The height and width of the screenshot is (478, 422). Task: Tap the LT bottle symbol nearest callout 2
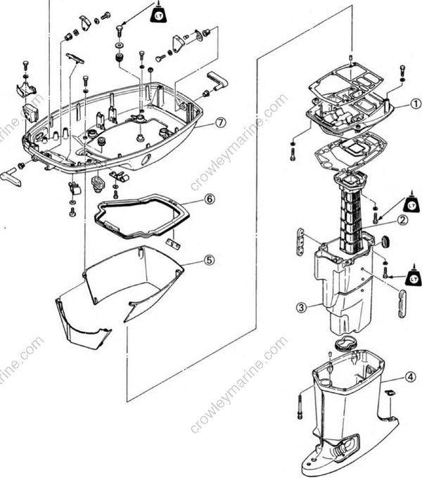coord(412,203)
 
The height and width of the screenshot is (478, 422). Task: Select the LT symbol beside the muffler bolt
coord(411,268)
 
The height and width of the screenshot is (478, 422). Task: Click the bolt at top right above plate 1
coord(402,70)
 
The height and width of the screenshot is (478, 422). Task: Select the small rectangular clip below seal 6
coord(172,242)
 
